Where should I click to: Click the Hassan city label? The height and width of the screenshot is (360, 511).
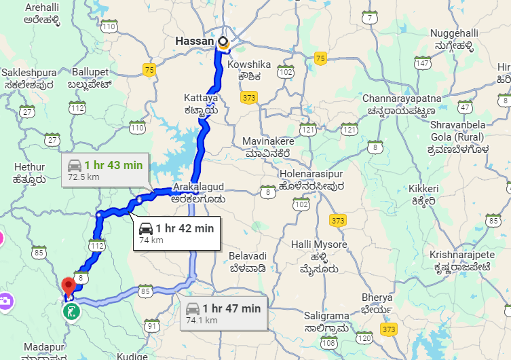(195, 41)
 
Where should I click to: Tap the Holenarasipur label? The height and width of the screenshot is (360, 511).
(311, 179)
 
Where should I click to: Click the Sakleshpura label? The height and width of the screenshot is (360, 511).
(26, 77)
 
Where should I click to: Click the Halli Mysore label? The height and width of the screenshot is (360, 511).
(319, 251)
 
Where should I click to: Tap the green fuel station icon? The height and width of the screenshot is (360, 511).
(71, 312)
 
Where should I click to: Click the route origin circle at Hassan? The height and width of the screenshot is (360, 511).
(223, 41)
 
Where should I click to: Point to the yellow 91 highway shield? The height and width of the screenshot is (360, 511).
(152, 327)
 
